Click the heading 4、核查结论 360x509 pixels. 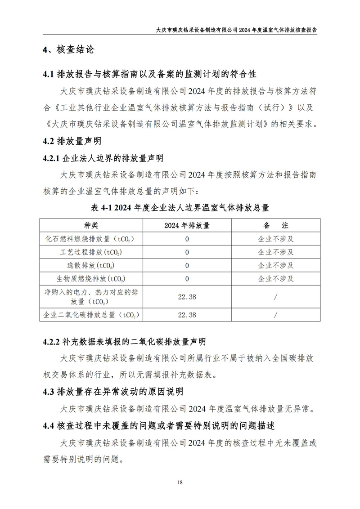coord(68,50)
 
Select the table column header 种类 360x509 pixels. coord(91,225)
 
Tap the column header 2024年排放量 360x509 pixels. coord(187,225)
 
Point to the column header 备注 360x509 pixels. coord(276,225)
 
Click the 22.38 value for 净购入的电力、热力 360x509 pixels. coord(187,297)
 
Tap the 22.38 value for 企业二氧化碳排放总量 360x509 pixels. coord(187,315)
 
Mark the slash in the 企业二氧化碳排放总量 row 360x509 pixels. coord(276,315)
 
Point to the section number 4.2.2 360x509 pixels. coord(51,342)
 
